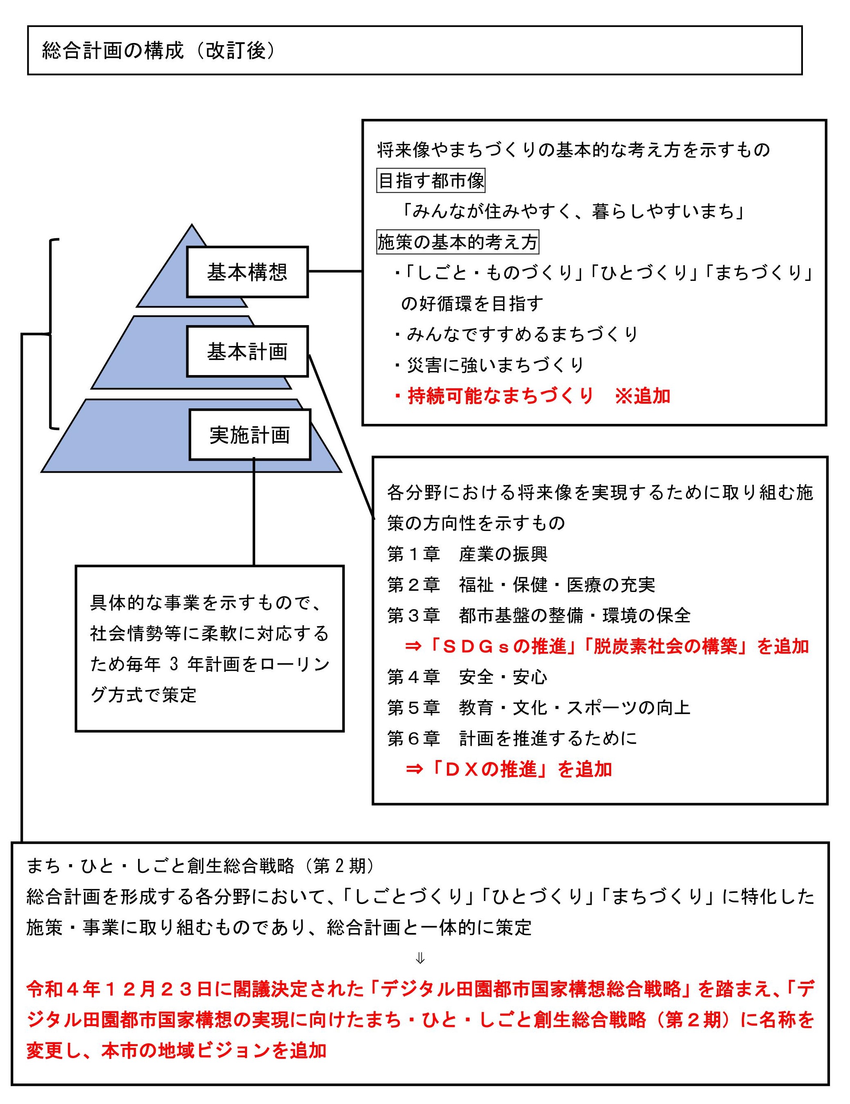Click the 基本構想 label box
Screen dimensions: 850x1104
click(x=247, y=271)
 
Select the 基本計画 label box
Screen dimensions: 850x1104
click(x=247, y=351)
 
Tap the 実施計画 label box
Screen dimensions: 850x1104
click(x=250, y=435)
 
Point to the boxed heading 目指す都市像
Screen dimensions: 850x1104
click(x=431, y=180)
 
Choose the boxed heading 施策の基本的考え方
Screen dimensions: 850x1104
click(x=458, y=242)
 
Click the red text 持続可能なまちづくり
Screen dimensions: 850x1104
click(x=500, y=396)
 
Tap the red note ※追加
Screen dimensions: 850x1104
click(x=642, y=396)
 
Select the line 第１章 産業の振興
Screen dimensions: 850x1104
click(x=467, y=554)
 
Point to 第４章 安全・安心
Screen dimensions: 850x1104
click(x=467, y=677)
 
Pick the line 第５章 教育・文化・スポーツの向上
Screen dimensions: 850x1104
click(x=538, y=708)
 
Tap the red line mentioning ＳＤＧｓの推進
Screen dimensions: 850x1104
click(x=607, y=646)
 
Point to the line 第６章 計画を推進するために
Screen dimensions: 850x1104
click(x=512, y=738)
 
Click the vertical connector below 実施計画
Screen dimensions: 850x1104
click(x=254, y=512)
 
